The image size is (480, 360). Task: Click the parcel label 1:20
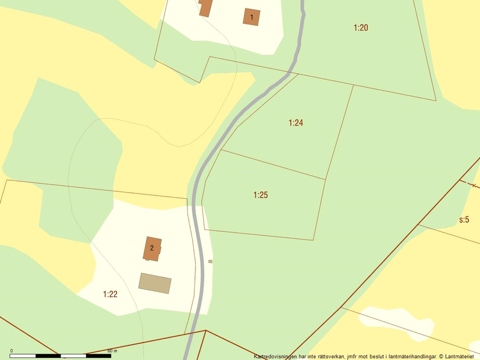pyautogui.click(x=361, y=27)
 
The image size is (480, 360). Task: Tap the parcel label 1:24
pyautogui.click(x=296, y=123)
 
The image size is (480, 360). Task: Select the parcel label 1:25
pyautogui.click(x=261, y=195)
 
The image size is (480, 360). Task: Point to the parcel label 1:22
pyautogui.click(x=110, y=294)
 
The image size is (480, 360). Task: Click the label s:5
pyautogui.click(x=464, y=220)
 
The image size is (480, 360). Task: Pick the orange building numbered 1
pyautogui.click(x=251, y=17)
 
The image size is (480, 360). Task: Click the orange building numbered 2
pyautogui.click(x=152, y=248)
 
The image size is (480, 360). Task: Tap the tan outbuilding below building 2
pyautogui.click(x=155, y=283)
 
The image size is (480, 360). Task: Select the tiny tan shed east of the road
pyautogui.click(x=211, y=262)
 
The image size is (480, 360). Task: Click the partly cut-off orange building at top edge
pyautogui.click(x=205, y=7)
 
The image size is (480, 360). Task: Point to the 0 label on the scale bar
pyautogui.click(x=12, y=351)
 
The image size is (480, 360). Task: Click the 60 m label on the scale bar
pyautogui.click(x=112, y=351)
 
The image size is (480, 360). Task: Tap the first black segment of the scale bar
pyautogui.click(x=23, y=355)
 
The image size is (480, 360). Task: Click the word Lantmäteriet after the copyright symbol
pyautogui.click(x=460, y=356)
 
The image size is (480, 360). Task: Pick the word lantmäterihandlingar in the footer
pyautogui.click(x=407, y=356)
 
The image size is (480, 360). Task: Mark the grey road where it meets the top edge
pyautogui.click(x=303, y=2)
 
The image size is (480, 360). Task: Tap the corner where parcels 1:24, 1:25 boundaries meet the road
pyautogui.click(x=221, y=150)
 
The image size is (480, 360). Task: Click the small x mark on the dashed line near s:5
pyautogui.click(x=474, y=186)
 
